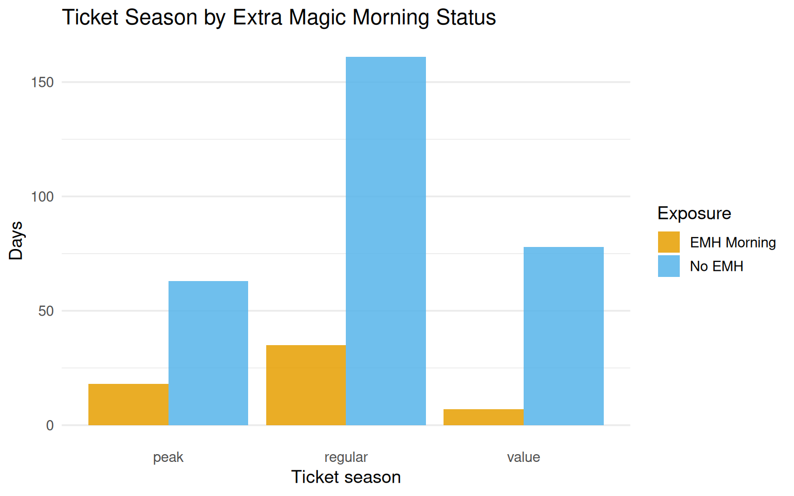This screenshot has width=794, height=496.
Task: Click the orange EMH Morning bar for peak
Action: pos(128,405)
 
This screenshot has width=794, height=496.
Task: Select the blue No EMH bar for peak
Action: pos(208,353)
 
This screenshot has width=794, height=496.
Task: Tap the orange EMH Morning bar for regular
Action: pos(306,385)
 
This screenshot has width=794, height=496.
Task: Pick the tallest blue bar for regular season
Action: pos(386,241)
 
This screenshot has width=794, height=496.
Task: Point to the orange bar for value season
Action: pos(483,417)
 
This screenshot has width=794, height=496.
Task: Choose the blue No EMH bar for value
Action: pos(563,336)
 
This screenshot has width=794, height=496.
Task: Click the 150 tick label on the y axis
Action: pos(42,83)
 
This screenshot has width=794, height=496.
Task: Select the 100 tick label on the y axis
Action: pos(42,197)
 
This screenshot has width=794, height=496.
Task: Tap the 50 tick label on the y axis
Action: pos(46,311)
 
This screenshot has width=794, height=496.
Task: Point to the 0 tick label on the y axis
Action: pos(50,426)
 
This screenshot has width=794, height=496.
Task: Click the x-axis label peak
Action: pos(168,457)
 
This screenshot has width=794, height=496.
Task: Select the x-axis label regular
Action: pos(346,457)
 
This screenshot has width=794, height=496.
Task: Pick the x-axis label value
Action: pos(523,457)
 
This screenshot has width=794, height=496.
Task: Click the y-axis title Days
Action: pos(16,241)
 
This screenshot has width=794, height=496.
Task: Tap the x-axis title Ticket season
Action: pos(346,477)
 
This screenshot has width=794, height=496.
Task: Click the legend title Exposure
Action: pos(694,213)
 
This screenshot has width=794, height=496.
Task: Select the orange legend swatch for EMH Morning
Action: pos(668,242)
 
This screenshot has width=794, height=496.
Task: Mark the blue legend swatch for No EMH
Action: pos(668,266)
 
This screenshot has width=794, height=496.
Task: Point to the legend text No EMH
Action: pos(716,267)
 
